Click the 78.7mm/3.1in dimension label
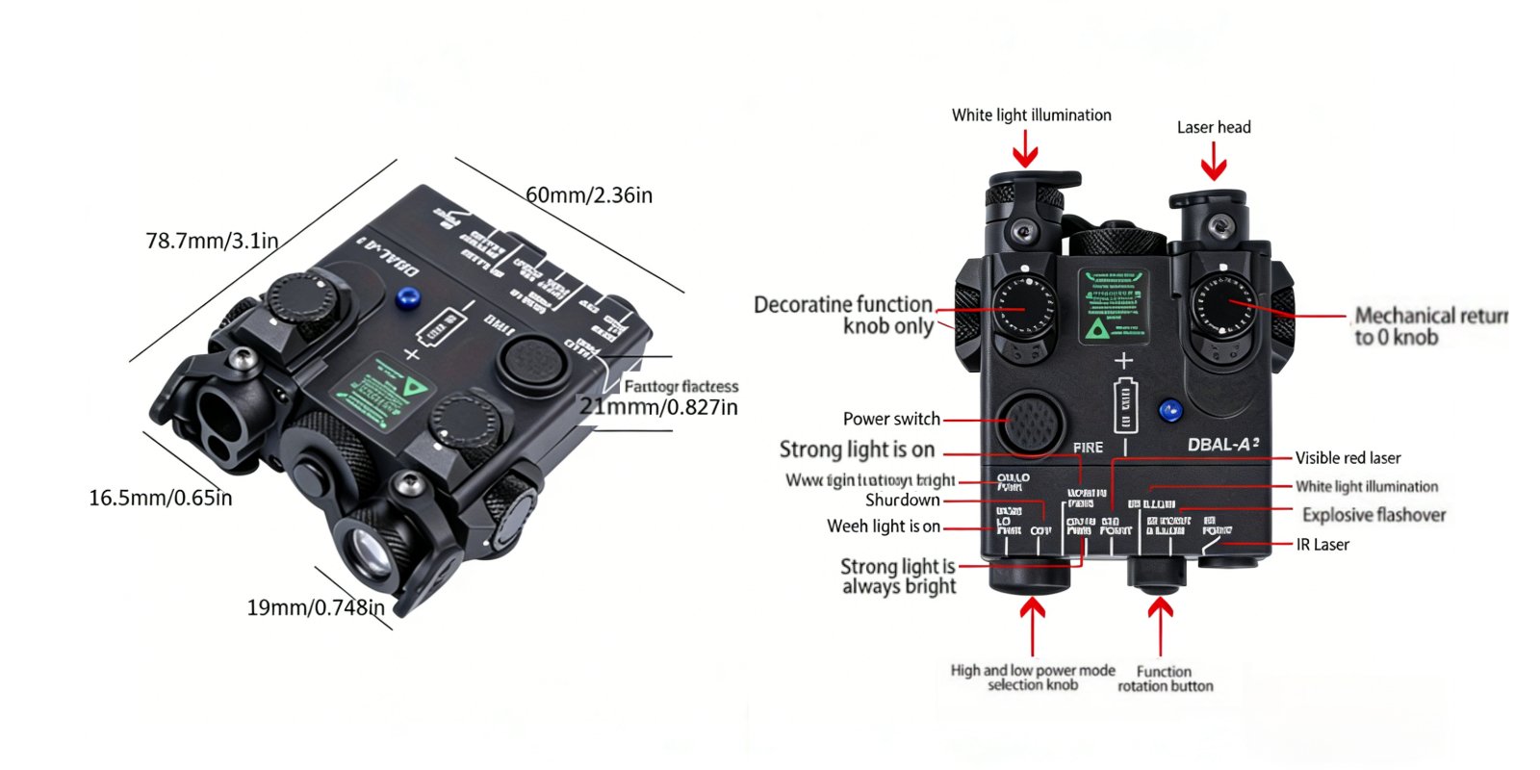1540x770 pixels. coord(212,241)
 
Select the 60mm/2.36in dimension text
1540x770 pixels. coord(589,195)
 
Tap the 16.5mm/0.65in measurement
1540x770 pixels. coord(161,498)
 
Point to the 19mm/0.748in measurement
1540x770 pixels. coord(316,607)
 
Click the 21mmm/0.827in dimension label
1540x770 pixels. coord(658,407)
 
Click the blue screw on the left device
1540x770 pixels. coord(407,297)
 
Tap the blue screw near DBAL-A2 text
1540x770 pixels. coord(1169,412)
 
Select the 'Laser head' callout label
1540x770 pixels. coord(1214,127)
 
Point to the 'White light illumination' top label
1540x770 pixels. coord(1031,115)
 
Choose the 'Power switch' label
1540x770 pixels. coord(891,419)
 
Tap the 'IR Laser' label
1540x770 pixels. coord(1322,545)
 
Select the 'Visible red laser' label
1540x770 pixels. coord(1347,458)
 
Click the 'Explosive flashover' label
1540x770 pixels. coord(1373,515)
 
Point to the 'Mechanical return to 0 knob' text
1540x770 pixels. coord(1430,326)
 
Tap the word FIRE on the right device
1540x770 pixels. coord(1088,448)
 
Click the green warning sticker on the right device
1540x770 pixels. coord(1112,306)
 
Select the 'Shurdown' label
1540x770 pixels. coord(902,500)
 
